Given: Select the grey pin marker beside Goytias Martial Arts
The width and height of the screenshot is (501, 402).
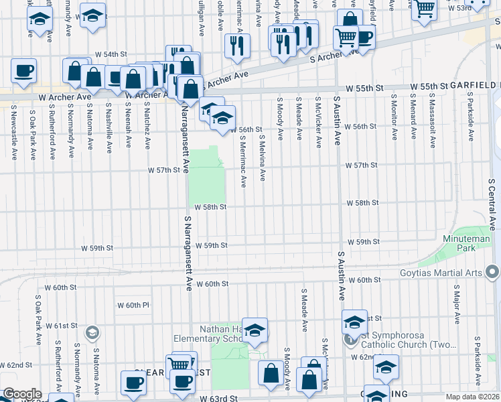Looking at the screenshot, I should pyautogui.click(x=493, y=272).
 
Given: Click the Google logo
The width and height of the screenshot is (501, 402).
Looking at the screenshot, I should pyautogui.click(x=22, y=394).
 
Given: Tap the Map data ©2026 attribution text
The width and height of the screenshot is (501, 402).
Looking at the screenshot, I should pyautogui.click(x=473, y=397).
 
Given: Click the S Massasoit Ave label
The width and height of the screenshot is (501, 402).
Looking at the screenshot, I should pyautogui.click(x=431, y=122).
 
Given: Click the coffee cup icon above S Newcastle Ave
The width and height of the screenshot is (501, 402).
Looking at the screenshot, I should pyautogui.click(x=23, y=70).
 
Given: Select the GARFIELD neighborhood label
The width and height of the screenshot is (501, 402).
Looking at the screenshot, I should pyautogui.click(x=474, y=86).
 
